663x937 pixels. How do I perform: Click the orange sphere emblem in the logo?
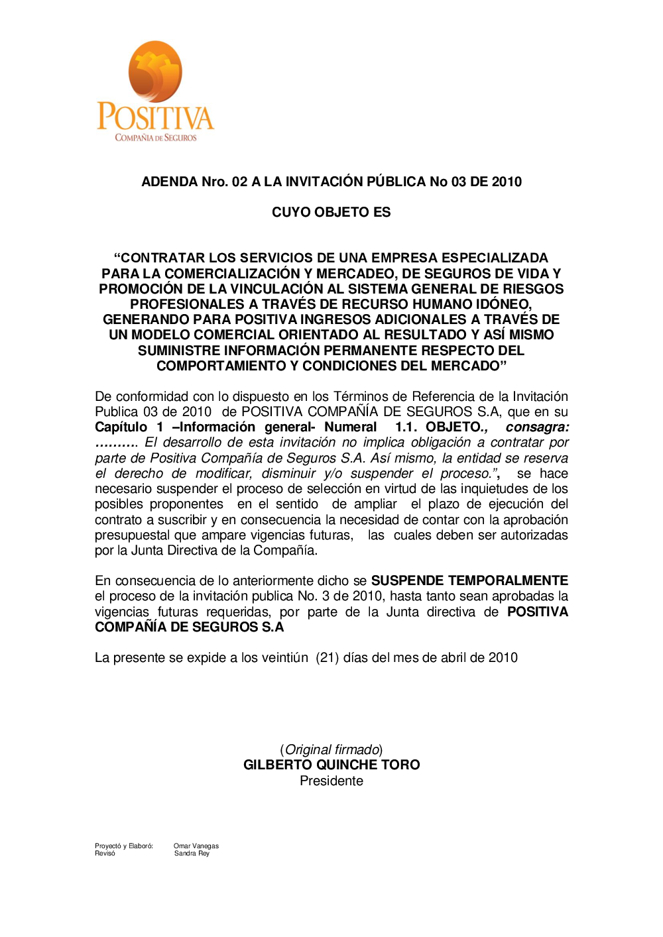pos(155,71)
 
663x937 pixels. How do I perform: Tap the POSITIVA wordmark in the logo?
pos(155,117)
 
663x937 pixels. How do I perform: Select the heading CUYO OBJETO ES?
pos(331,212)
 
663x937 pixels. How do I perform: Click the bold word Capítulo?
pos(121,427)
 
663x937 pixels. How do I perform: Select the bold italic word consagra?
pos(537,427)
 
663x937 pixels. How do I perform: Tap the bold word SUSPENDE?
pos(407,581)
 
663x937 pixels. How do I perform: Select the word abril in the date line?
pos(453,658)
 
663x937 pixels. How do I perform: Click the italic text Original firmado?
pos(331,750)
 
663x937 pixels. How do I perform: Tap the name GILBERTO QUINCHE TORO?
pos(331,765)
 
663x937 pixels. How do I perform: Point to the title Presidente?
pos(331,781)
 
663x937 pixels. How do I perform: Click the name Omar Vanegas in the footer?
pos(196,846)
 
